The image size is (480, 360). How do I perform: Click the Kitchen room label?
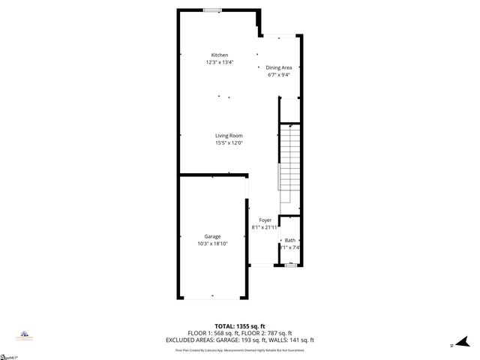coord(220,55)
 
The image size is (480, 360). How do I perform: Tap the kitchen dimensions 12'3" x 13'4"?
coord(220,62)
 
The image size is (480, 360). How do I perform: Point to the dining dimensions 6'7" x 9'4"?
coord(278,75)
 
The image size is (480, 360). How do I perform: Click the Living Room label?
coord(229,136)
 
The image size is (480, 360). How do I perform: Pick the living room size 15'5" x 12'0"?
coord(229,142)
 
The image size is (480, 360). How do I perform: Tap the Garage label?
coord(213,236)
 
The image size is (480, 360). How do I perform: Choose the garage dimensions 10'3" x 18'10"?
coord(213,243)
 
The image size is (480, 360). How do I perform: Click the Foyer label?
coord(265,220)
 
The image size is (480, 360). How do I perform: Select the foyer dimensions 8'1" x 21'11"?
coord(265,226)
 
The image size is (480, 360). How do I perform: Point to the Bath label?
coord(289,240)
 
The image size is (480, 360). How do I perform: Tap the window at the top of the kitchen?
coord(213,10)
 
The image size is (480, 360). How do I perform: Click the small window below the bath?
coord(290,265)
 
